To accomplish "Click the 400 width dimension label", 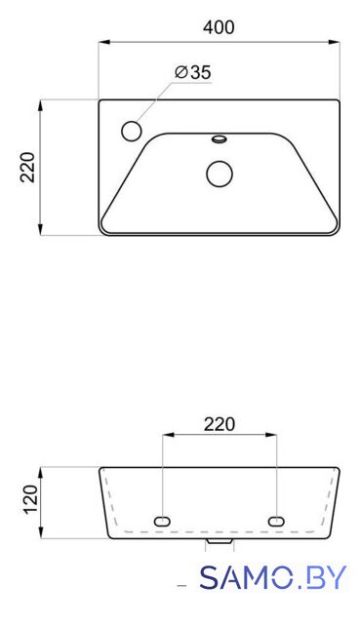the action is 219,27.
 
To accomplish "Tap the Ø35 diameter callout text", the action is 193,72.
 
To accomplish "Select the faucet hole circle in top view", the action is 131,131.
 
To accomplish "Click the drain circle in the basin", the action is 220,174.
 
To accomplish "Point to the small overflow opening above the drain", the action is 220,138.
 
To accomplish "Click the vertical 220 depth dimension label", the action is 28,167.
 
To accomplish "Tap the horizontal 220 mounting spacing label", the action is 220,424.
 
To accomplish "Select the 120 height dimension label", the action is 30,500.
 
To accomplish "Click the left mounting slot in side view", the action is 162,522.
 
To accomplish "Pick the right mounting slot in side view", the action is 276,522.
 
